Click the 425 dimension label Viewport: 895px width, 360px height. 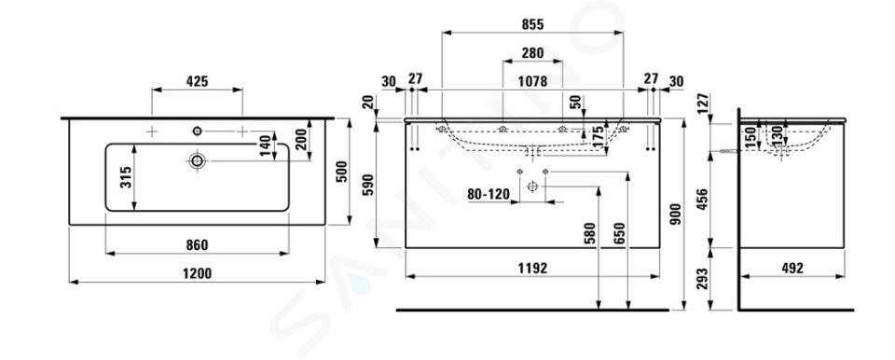[x=197, y=82]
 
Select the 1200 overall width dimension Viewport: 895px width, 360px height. [x=198, y=273]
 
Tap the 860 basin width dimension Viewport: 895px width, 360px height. [x=197, y=245]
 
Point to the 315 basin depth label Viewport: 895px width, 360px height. [x=126, y=177]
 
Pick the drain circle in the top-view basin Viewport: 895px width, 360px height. [x=197, y=160]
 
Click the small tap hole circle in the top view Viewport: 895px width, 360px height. [x=197, y=132]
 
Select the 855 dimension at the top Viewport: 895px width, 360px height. [x=532, y=24]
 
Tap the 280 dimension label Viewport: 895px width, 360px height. [x=532, y=53]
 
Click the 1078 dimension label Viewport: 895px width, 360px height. [x=532, y=82]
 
